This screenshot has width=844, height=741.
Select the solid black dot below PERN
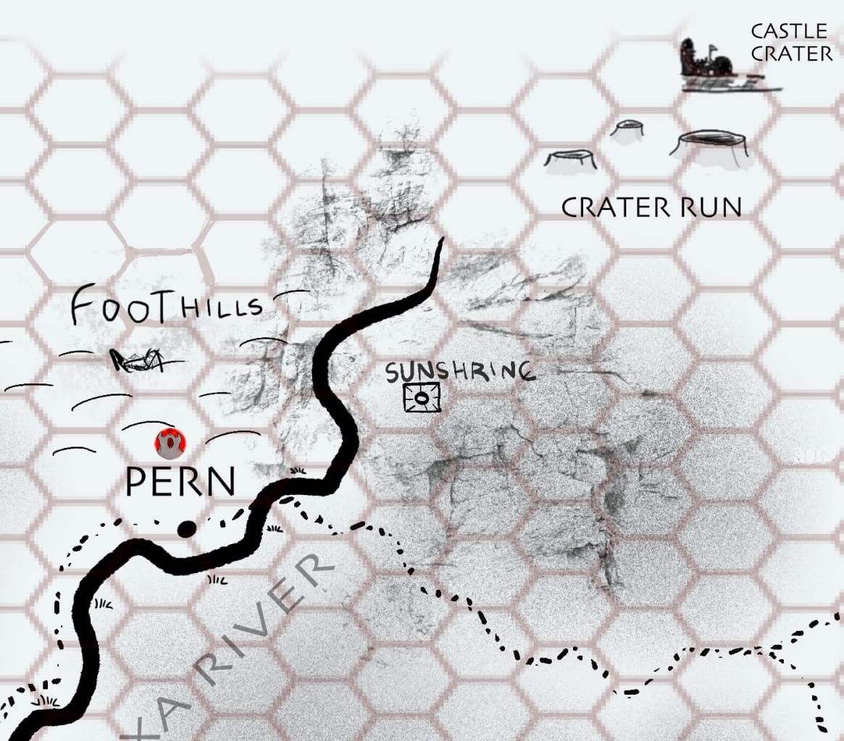tap(186, 530)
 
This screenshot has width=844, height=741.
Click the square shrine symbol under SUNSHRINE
tap(422, 398)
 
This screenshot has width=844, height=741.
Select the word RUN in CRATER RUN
tap(709, 208)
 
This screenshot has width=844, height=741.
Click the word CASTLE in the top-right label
tap(788, 31)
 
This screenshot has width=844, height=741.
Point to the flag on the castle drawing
tap(714, 48)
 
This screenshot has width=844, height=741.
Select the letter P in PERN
tap(138, 482)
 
